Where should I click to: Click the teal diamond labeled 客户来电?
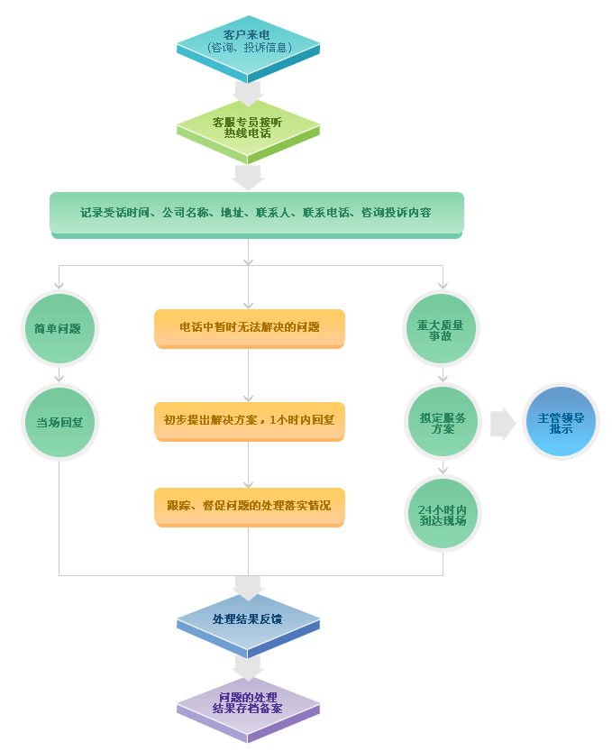click(x=248, y=41)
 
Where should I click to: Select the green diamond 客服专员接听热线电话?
click(x=248, y=127)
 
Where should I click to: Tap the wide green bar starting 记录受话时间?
click(x=257, y=214)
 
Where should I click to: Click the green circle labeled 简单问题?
click(x=59, y=328)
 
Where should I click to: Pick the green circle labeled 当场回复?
click(x=59, y=422)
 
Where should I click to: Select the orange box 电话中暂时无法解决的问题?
click(x=249, y=327)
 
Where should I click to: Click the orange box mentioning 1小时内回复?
click(x=249, y=420)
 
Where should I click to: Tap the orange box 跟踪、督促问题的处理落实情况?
click(x=249, y=506)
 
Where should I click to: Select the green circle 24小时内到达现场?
click(x=442, y=515)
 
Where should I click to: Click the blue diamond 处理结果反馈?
click(x=248, y=620)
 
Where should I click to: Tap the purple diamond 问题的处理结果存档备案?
click(x=248, y=703)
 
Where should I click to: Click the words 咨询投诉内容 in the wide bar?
click(x=396, y=213)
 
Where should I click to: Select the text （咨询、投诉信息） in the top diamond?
click(x=248, y=47)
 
